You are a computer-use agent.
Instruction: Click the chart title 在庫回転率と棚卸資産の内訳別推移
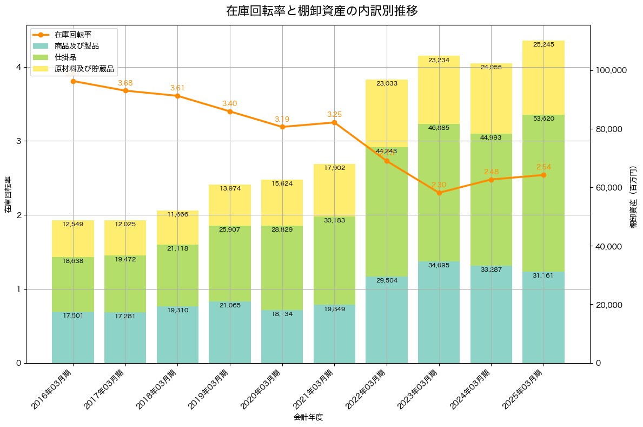pos(322,11)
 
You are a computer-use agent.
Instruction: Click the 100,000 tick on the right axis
pos(611,70)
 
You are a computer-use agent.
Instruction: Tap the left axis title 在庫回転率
pos(8,194)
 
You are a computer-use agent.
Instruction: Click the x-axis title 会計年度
pos(308,417)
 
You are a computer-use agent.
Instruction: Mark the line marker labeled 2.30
pos(439,193)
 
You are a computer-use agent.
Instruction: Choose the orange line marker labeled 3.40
pos(230,111)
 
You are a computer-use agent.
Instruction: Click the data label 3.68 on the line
pos(125,83)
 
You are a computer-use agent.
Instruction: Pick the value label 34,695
pos(439,265)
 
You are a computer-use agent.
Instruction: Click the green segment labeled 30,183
pos(334,260)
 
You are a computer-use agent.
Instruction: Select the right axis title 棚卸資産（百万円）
pos(633,194)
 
